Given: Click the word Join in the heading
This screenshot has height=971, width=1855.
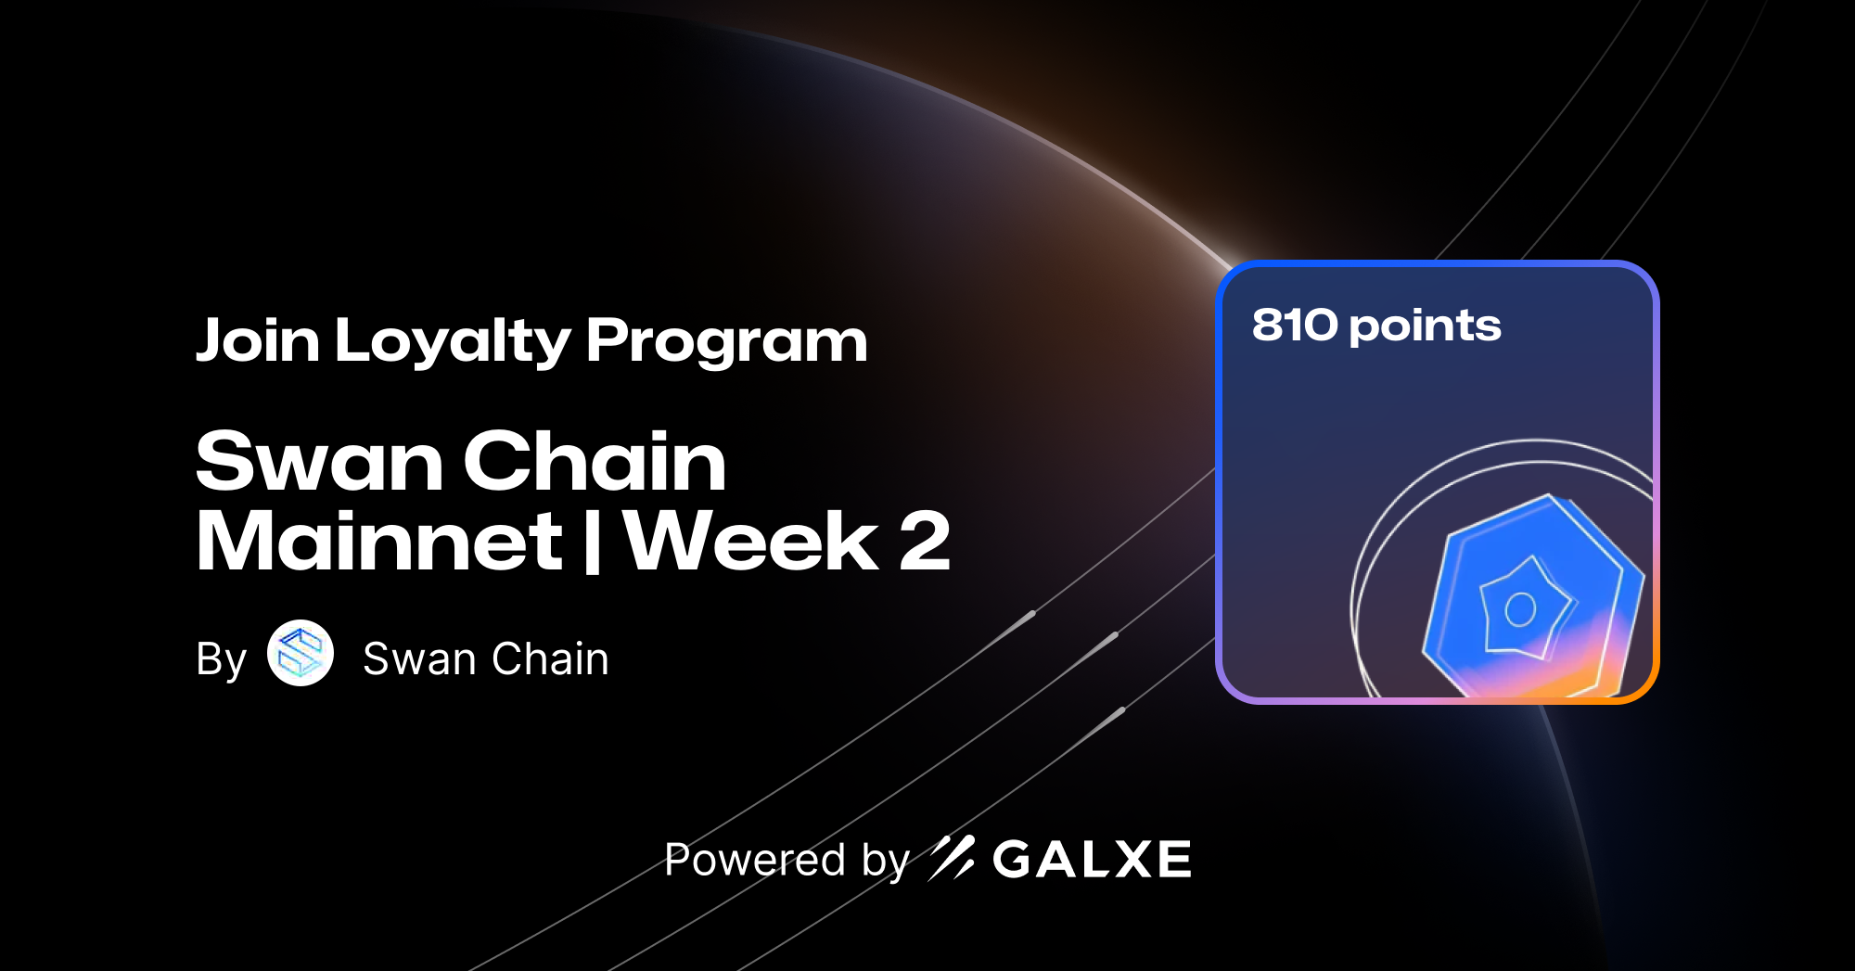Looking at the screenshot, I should [258, 340].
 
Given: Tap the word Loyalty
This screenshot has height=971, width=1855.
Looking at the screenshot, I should [452, 340].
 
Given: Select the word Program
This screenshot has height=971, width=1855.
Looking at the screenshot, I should [726, 340].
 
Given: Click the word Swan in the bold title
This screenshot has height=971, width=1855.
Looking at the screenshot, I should [319, 461].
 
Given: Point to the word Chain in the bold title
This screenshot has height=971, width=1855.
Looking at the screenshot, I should [595, 461].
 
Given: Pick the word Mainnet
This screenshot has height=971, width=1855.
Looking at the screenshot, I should [378, 541].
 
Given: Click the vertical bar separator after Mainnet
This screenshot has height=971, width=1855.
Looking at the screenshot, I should [593, 541].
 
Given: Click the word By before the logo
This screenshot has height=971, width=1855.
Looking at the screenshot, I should [221, 659].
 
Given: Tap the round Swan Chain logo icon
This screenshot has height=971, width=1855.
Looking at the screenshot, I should [301, 653].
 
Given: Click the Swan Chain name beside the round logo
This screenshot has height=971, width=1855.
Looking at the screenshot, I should [486, 659].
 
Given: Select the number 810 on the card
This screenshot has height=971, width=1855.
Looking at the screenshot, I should [1295, 326].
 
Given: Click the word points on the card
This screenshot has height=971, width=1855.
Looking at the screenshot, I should [1426, 326].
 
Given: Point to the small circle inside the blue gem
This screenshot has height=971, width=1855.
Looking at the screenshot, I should [1520, 609].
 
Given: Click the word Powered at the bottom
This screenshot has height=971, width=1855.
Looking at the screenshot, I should [755, 860].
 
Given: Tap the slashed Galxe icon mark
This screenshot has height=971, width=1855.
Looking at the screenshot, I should [952, 858].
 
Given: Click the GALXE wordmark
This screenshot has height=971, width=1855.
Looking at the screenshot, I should [1092, 859].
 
